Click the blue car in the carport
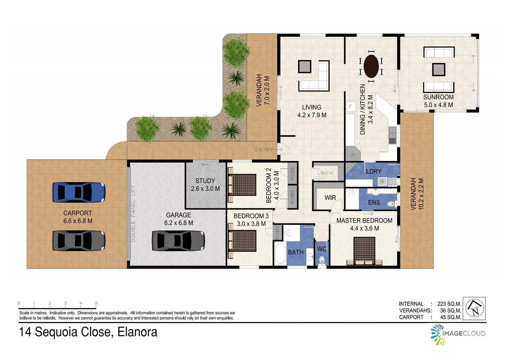[79, 192]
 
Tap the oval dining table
[371, 66]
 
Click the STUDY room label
[205, 181]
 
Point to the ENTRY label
[264, 150]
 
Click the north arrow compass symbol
[474, 308]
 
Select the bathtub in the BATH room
[280, 254]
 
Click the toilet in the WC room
[322, 260]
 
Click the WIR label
[330, 198]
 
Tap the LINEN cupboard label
[325, 173]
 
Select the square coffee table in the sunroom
[438, 69]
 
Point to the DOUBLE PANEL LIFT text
[133, 213]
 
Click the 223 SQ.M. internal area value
[449, 304]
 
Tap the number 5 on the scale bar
[96, 303]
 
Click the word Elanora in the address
[137, 332]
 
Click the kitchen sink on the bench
[392, 135]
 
